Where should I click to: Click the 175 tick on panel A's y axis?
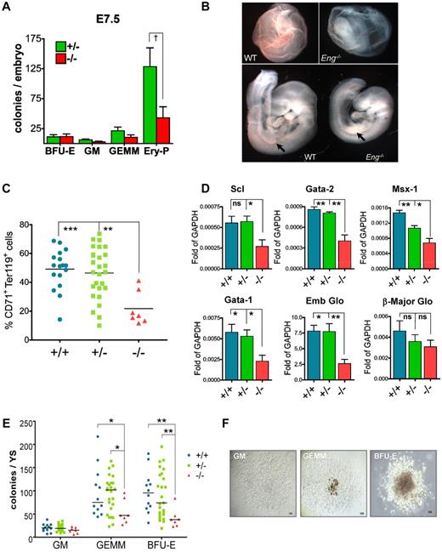coord(50,39)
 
